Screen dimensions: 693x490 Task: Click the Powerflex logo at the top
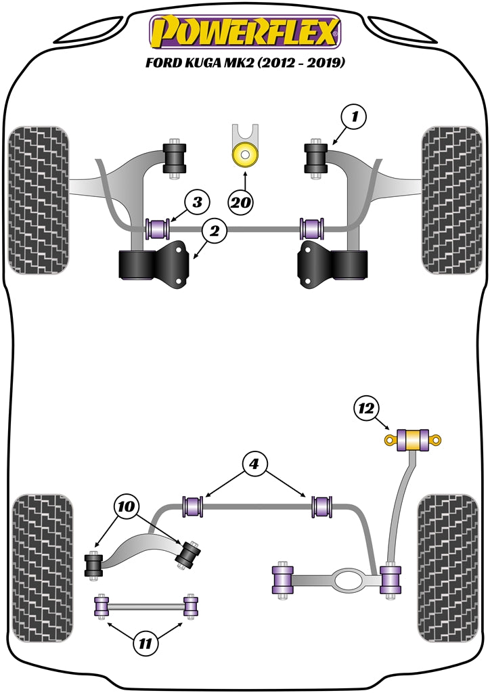coord(245,32)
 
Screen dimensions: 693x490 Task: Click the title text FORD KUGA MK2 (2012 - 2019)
coord(245,64)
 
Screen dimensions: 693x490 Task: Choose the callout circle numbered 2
coord(214,231)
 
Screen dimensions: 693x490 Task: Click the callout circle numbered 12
coord(366,408)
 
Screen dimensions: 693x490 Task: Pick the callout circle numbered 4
coord(254,465)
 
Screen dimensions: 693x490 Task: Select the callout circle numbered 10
coord(128,506)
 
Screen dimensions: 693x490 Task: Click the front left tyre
coord(40,200)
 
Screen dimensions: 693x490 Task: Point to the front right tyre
coord(450,200)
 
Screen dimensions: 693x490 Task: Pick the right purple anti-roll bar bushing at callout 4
coord(321,506)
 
